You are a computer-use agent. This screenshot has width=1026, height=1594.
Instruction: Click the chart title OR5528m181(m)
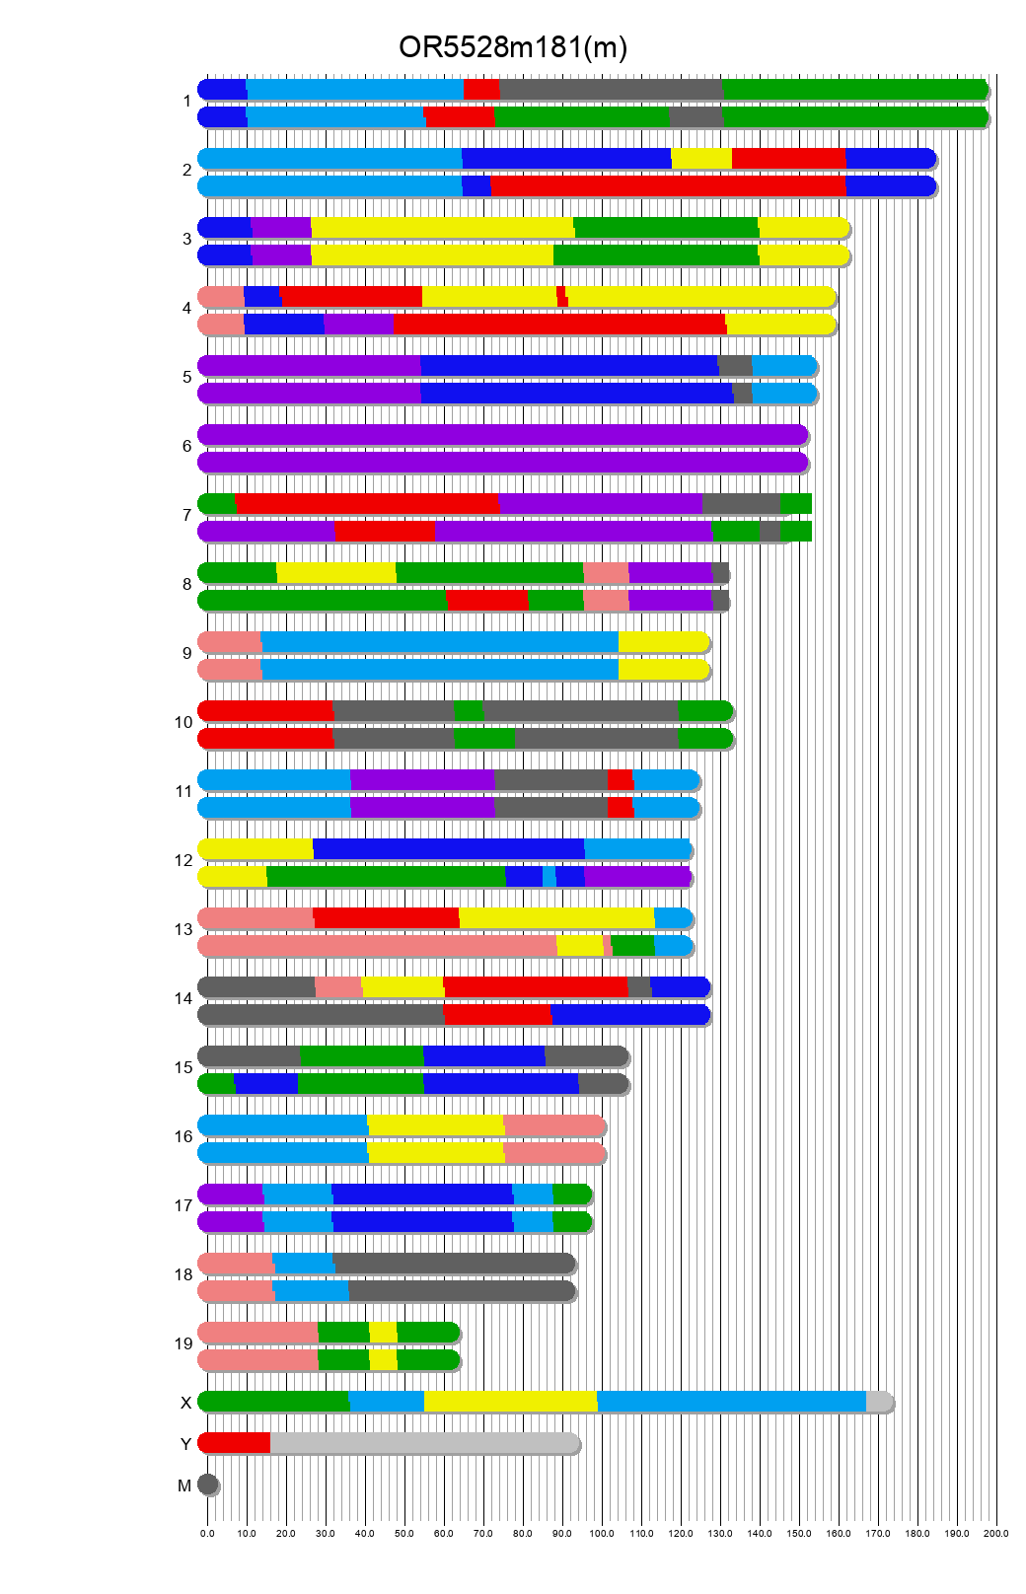(513, 47)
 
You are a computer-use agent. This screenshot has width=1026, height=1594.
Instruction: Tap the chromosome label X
(185, 1403)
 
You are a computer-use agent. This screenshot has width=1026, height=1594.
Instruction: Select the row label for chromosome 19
(183, 1343)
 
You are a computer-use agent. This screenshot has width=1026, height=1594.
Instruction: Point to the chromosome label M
(184, 1485)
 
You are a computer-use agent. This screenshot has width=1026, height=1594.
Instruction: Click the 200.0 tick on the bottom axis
(995, 1534)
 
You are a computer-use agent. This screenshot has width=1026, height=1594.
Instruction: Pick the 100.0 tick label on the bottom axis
(601, 1534)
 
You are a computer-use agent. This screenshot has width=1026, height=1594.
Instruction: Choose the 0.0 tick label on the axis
(207, 1534)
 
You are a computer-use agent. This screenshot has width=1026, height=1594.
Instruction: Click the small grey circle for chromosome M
(207, 1485)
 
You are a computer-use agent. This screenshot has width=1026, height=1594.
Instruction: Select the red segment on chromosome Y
(235, 1443)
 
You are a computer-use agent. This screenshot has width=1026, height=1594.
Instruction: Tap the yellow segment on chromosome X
(510, 1402)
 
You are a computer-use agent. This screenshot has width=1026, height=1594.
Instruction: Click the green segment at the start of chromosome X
(273, 1402)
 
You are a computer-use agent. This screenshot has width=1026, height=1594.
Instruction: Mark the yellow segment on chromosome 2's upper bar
(701, 159)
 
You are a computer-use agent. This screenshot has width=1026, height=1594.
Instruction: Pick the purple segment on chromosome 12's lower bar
(637, 877)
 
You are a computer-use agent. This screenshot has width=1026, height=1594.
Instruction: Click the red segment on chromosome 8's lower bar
(487, 601)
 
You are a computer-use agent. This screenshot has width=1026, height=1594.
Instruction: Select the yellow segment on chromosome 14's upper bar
(403, 987)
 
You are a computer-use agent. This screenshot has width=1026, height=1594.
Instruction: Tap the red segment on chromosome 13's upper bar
(386, 918)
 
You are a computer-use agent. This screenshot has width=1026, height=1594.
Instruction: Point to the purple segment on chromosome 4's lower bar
(359, 325)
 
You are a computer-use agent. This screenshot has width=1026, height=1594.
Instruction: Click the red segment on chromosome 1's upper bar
(481, 90)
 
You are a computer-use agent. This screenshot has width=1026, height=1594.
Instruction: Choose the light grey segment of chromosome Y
(424, 1443)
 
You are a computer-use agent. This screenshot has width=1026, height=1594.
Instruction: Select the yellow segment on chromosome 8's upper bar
(336, 573)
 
